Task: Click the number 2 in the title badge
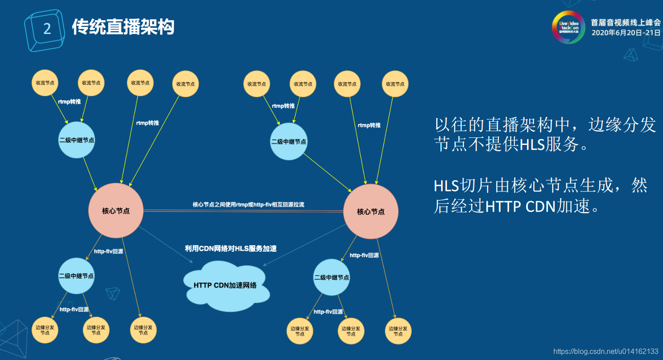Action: coord(47,29)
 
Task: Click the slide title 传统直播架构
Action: coord(123,27)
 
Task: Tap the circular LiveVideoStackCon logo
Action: coord(568,27)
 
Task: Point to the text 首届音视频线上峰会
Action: coord(625,22)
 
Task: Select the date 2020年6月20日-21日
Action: coord(625,33)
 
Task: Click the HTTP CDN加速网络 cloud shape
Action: coord(226,285)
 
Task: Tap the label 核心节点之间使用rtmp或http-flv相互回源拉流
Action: coord(248,204)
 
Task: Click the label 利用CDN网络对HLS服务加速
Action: coord(231,248)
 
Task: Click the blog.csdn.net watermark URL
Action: coord(606,352)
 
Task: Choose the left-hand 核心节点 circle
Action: coord(116,210)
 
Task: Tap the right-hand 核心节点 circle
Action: coord(370,212)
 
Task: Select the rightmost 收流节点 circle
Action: coord(395,84)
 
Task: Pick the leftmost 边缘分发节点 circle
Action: coord(45,330)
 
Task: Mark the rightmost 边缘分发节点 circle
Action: coord(398,331)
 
